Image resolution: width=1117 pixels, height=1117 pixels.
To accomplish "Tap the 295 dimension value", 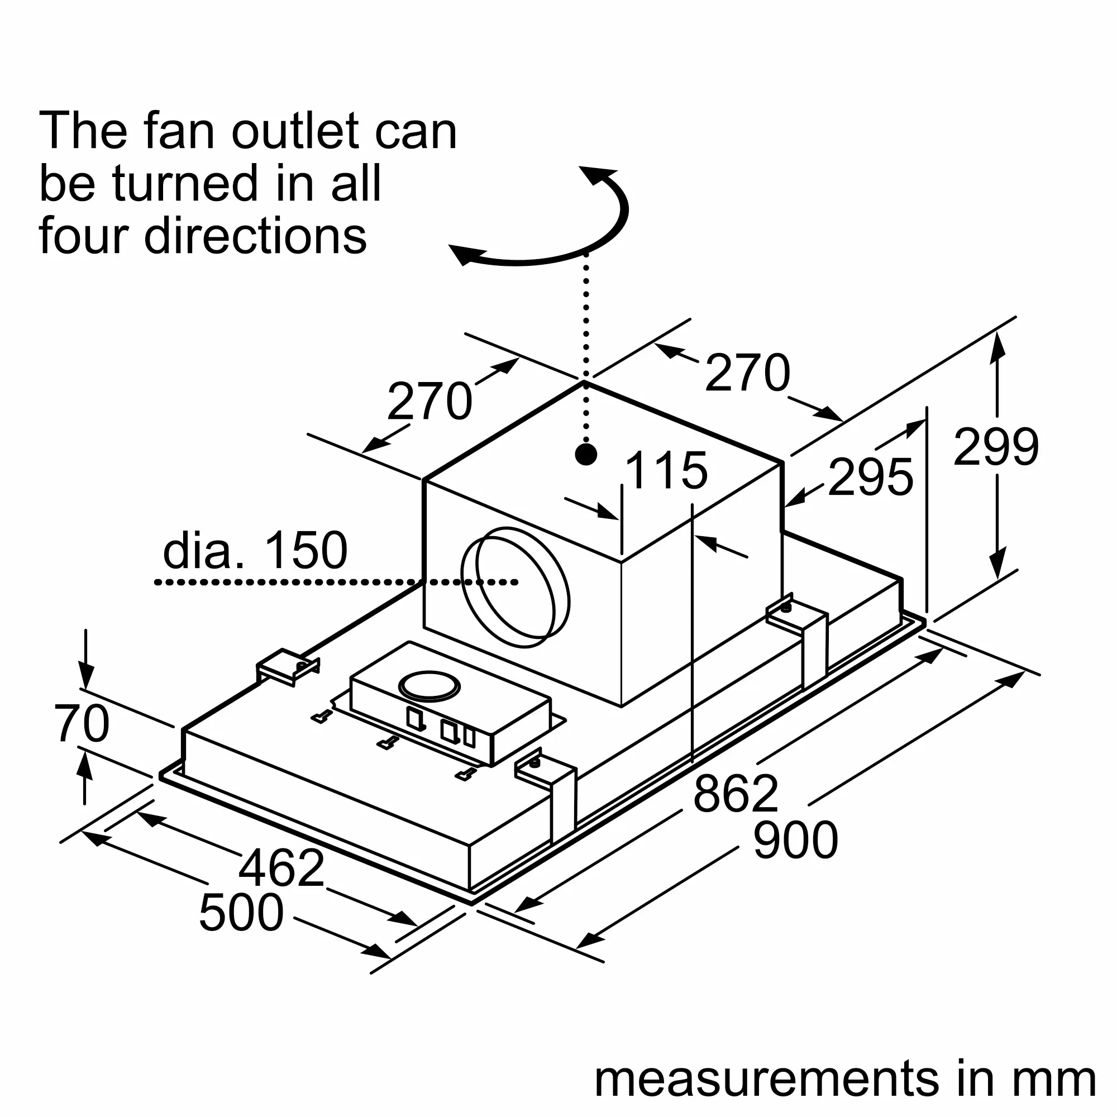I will coord(870,477).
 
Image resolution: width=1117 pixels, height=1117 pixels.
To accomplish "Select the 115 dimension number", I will coord(666,470).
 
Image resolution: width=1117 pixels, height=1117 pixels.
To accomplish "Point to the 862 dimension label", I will coord(736,794).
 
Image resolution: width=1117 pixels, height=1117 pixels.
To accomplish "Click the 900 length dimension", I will coord(795,840).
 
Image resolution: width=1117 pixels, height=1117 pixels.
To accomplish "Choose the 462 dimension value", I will coord(281,868).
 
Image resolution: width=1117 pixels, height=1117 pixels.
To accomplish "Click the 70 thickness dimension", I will coord(82,723).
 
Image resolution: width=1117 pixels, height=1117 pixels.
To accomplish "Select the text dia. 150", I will coord(255,551).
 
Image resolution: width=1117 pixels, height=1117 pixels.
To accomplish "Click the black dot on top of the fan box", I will coord(586,455).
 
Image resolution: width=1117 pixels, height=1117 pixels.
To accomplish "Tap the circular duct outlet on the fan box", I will coord(515,588).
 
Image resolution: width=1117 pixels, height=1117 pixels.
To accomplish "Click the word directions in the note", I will coord(255,236).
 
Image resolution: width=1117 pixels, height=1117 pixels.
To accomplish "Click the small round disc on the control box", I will coord(429,686).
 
